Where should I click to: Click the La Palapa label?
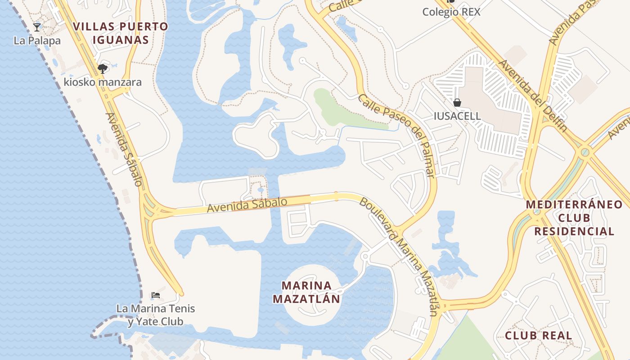pos(37,40)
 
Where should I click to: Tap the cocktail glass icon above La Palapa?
pos(37,27)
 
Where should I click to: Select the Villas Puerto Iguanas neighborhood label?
pos(121,33)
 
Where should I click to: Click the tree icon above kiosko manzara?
pos(103,69)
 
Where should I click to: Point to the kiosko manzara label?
pos(103,82)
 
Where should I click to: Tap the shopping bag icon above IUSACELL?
pos(457,103)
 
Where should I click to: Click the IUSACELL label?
pos(457,116)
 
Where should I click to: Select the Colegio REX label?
pos(451,12)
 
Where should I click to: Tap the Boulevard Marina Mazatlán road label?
pos(398,256)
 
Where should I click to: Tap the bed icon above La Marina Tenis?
pos(156,295)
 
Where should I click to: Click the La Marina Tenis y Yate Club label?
pos(156,315)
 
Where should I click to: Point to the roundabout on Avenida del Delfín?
pos(585,153)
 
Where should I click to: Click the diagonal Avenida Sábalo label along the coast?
pos(124,149)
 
